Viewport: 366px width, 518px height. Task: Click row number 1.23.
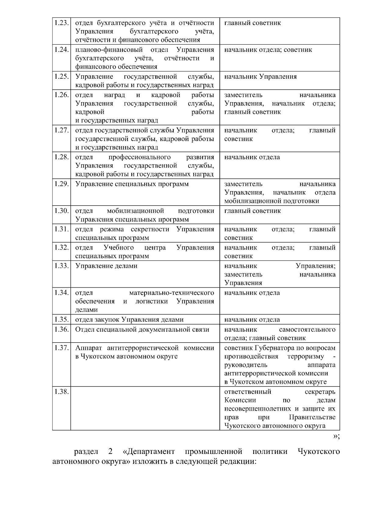coord(61,23)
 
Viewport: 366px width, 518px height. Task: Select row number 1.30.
coord(61,211)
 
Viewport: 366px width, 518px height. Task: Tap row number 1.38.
coord(61,391)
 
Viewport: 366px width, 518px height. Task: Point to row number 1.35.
coord(61,319)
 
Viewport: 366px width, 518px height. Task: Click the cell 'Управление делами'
coord(106,266)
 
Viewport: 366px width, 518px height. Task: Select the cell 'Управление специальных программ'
coord(132,184)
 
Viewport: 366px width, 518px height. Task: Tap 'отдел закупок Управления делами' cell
coord(129,319)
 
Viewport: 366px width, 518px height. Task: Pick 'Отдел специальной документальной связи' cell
coord(142,329)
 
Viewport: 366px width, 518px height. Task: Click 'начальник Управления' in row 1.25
coord(260,77)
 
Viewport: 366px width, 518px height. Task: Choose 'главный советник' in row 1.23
coord(252,23)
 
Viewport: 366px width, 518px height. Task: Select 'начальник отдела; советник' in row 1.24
coord(268,50)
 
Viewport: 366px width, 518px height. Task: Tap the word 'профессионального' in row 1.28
coord(139,157)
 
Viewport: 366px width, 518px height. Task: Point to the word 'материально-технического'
coord(171,293)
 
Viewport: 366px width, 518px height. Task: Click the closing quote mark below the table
coord(336,436)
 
